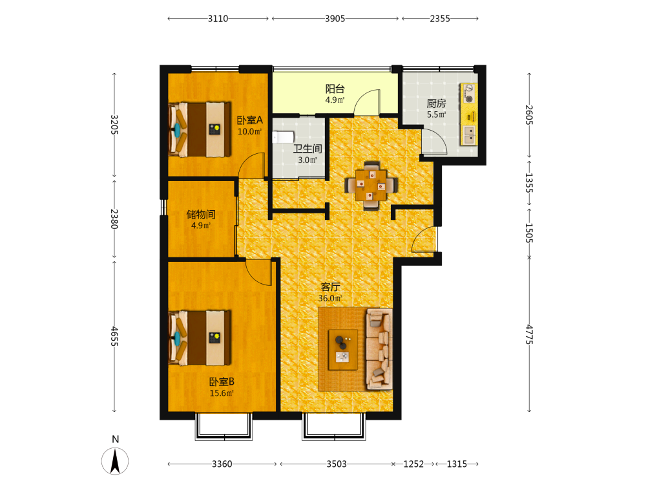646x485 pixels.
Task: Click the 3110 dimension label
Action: [218, 19]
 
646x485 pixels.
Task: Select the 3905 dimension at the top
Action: [335, 19]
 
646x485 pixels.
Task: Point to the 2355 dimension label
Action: [440, 19]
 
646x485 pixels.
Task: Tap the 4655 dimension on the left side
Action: [114, 336]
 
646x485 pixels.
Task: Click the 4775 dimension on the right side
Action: [530, 334]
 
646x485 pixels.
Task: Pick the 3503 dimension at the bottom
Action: [337, 464]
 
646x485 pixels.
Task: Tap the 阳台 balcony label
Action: [335, 89]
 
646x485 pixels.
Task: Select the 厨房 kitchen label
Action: [436, 103]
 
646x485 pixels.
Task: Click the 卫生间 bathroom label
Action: [307, 149]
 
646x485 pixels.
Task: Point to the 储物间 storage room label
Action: [201, 215]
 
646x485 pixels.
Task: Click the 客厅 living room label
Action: [330, 286]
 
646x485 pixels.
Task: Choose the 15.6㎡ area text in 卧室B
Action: [222, 393]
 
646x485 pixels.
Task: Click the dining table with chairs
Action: [371, 185]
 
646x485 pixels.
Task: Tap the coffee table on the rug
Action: [343, 350]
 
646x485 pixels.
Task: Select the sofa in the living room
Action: [379, 349]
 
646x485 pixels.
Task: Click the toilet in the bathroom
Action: [283, 137]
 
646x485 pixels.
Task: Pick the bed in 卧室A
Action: [200, 129]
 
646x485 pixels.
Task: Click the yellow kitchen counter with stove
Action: [469, 114]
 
